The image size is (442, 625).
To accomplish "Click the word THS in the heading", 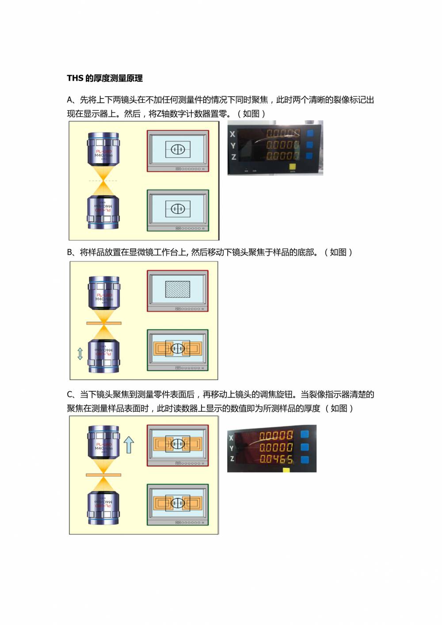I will pos(75,79).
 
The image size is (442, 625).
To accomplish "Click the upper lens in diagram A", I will pos(103,150).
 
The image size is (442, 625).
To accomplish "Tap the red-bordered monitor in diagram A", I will pos(178,151).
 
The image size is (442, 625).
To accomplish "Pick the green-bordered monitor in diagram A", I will pos(178,210).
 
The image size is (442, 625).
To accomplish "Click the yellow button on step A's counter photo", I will pos(292,167).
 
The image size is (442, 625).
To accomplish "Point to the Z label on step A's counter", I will pos(233,156).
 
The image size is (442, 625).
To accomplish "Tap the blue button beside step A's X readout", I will pos(309,133).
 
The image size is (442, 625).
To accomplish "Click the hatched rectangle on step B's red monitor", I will pos(177,289).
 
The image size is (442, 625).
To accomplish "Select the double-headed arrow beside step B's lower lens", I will pos(80,353).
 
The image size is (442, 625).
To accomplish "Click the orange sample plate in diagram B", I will pos(104,323).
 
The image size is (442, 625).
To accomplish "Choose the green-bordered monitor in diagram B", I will pos(177,350).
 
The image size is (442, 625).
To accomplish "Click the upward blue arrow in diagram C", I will pos(129,444).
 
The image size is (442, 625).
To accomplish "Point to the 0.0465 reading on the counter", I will pos(276,459).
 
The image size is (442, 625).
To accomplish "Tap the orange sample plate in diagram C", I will pos(103,475).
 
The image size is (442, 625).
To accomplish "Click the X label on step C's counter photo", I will pos(231,438).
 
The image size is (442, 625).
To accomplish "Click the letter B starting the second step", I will pos(70,253).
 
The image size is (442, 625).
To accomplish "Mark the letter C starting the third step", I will pos(70,395).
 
